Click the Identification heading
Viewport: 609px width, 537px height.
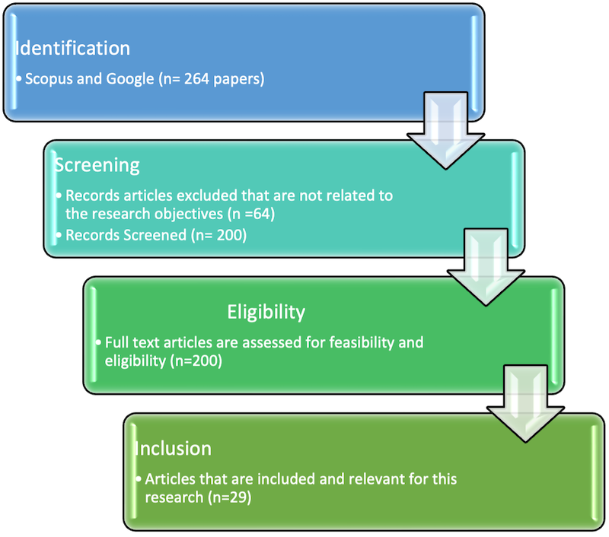[x=73, y=48]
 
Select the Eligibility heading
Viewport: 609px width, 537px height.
[x=266, y=312]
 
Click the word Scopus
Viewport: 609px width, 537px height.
[x=49, y=79]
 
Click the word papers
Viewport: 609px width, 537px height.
[x=239, y=79]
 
